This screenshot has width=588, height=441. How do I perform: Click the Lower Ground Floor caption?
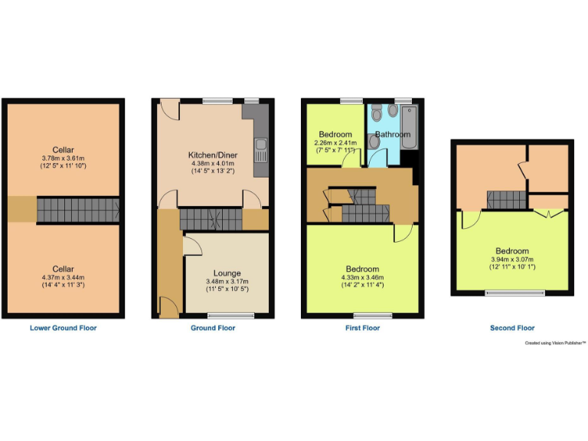pyautogui.click(x=63, y=328)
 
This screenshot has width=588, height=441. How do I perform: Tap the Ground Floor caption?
pyautogui.click(x=213, y=328)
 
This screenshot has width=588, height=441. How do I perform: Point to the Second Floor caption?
pyautogui.click(x=511, y=328)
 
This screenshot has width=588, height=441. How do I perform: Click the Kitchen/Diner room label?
pyautogui.click(x=212, y=155)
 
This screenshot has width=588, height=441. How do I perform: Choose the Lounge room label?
pyautogui.click(x=227, y=273)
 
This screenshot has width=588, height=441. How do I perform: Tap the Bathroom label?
pyautogui.click(x=393, y=135)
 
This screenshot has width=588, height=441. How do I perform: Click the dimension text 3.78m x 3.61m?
pyautogui.click(x=64, y=158)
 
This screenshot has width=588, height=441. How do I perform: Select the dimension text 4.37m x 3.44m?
pyautogui.click(x=64, y=277)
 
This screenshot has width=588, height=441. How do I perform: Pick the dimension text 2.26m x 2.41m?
pyautogui.click(x=335, y=142)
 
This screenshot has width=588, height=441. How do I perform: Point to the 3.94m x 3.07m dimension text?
pyautogui.click(x=511, y=260)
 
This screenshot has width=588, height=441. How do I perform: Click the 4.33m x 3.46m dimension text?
pyautogui.click(x=362, y=277)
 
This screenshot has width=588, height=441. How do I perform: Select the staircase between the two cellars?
pyautogui.click(x=77, y=209)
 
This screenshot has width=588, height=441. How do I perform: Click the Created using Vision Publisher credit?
pyautogui.click(x=555, y=344)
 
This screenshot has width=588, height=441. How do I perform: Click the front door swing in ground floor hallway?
pyautogui.click(x=169, y=309)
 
